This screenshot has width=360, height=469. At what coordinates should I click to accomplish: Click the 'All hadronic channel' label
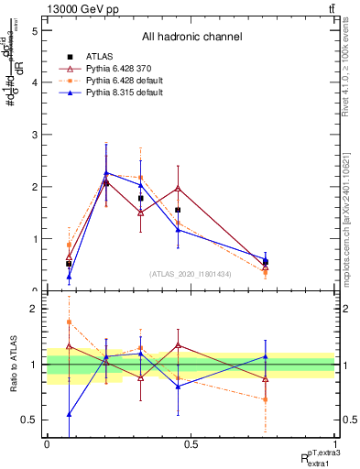click(191, 38)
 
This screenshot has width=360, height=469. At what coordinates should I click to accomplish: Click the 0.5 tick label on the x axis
click(191, 444)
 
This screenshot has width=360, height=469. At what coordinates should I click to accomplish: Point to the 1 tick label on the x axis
click(334, 444)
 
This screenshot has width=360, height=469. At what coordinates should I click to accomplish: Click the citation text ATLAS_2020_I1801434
click(191, 274)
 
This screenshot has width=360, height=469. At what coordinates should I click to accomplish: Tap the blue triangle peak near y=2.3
click(106, 172)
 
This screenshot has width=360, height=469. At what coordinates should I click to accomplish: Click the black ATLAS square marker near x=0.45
click(178, 210)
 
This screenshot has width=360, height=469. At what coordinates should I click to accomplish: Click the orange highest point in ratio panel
click(69, 322)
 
